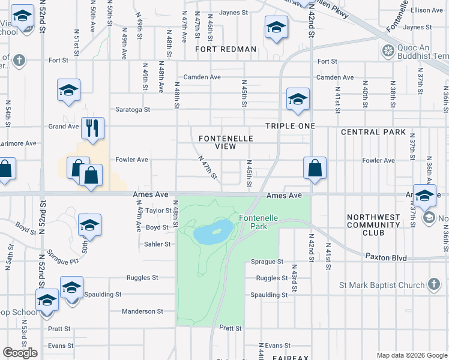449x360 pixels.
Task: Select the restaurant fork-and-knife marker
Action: point(92,128)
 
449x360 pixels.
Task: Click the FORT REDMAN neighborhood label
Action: point(226,49)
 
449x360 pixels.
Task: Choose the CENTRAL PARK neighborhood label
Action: point(369,132)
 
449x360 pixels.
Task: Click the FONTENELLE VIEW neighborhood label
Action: point(226,142)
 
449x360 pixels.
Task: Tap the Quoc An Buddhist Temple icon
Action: point(388,50)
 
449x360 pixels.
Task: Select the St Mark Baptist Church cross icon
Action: point(435,285)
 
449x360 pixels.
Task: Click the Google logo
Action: point(20,352)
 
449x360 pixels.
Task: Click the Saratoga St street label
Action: point(133,110)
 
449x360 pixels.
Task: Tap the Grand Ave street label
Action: point(64,127)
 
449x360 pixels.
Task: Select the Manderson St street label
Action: point(142,311)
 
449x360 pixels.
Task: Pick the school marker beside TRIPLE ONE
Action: point(298,100)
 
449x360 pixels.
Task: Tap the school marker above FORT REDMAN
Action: point(276,27)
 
